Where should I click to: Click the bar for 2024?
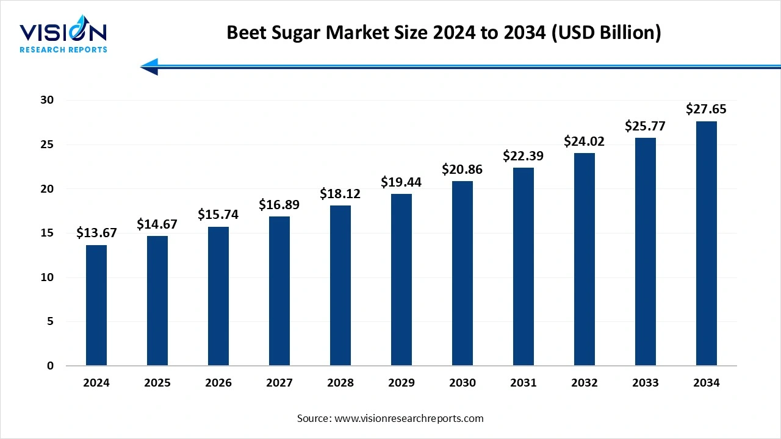(x=96, y=305)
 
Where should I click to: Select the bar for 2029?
(x=401, y=280)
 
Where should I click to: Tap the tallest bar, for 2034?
(x=707, y=243)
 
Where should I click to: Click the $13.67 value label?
(x=96, y=232)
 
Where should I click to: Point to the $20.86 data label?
(x=462, y=169)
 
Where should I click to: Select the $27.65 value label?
(x=707, y=109)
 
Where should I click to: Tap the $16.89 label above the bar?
(x=279, y=204)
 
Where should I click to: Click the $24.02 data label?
(x=585, y=141)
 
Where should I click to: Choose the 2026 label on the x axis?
(x=218, y=383)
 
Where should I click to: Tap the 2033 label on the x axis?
(x=646, y=383)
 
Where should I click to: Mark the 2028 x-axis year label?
(x=340, y=383)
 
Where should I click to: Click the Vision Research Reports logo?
(x=63, y=37)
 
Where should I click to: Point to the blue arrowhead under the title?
(x=150, y=66)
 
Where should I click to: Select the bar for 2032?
(x=585, y=259)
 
